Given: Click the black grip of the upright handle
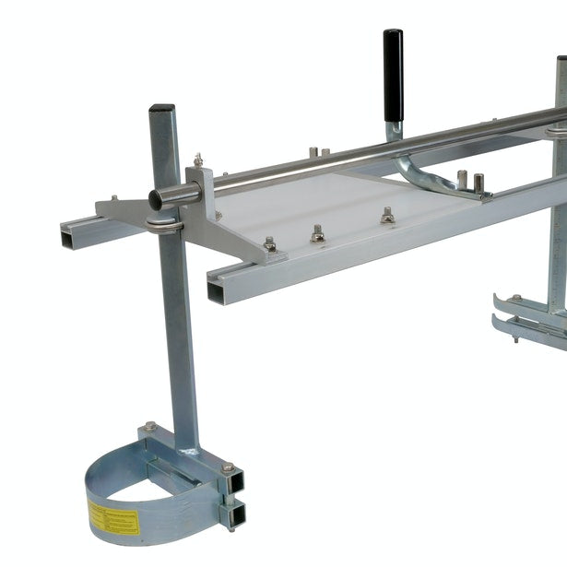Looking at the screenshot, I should (x=394, y=69).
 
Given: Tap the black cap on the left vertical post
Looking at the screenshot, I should (x=161, y=109).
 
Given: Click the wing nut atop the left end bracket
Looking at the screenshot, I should (x=197, y=161).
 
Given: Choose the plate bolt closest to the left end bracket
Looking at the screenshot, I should (x=270, y=244).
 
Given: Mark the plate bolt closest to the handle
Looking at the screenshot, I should (x=387, y=216).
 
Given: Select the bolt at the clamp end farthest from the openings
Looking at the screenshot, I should (x=149, y=427).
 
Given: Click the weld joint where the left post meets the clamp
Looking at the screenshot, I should (x=190, y=450).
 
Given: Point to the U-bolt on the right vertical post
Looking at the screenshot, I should (x=556, y=130).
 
